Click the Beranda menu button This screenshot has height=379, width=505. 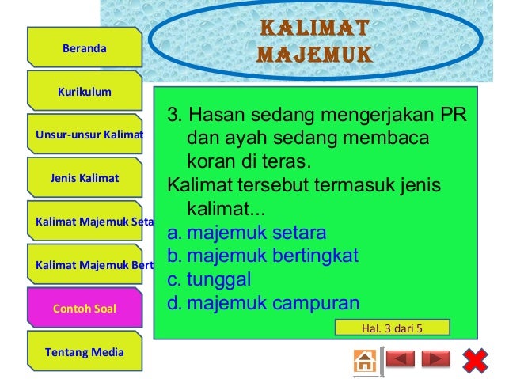(x=85, y=48)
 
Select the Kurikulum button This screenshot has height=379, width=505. (x=85, y=92)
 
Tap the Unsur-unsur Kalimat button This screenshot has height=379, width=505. (x=85, y=135)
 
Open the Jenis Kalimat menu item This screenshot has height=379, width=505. (x=85, y=178)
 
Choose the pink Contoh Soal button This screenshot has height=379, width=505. (x=85, y=308)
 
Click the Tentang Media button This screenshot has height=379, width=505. (x=85, y=351)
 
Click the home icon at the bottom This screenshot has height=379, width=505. (x=365, y=361)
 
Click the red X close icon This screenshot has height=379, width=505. (x=474, y=361)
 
